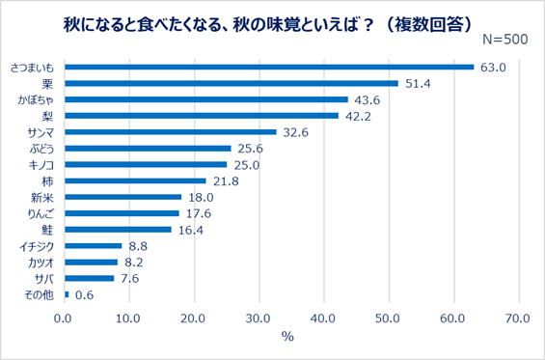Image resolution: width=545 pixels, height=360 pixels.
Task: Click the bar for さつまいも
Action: click(x=269, y=67)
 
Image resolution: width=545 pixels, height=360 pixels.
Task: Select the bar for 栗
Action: click(x=232, y=83)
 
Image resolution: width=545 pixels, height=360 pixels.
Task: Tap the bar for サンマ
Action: click(x=171, y=132)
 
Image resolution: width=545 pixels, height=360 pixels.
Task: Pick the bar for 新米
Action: click(x=123, y=197)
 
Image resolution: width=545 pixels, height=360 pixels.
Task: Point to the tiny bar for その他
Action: click(x=67, y=294)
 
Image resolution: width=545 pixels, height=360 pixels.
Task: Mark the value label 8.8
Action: click(x=140, y=246)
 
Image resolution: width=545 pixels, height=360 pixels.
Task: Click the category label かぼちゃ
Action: click(x=36, y=99)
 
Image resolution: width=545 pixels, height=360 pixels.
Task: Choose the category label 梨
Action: click(x=48, y=116)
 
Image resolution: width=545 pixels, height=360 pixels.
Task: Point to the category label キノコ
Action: click(x=41, y=165)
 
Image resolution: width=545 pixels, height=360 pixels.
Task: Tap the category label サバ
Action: click(x=44, y=278)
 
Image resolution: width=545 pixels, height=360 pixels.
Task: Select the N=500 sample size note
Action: click(x=504, y=40)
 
